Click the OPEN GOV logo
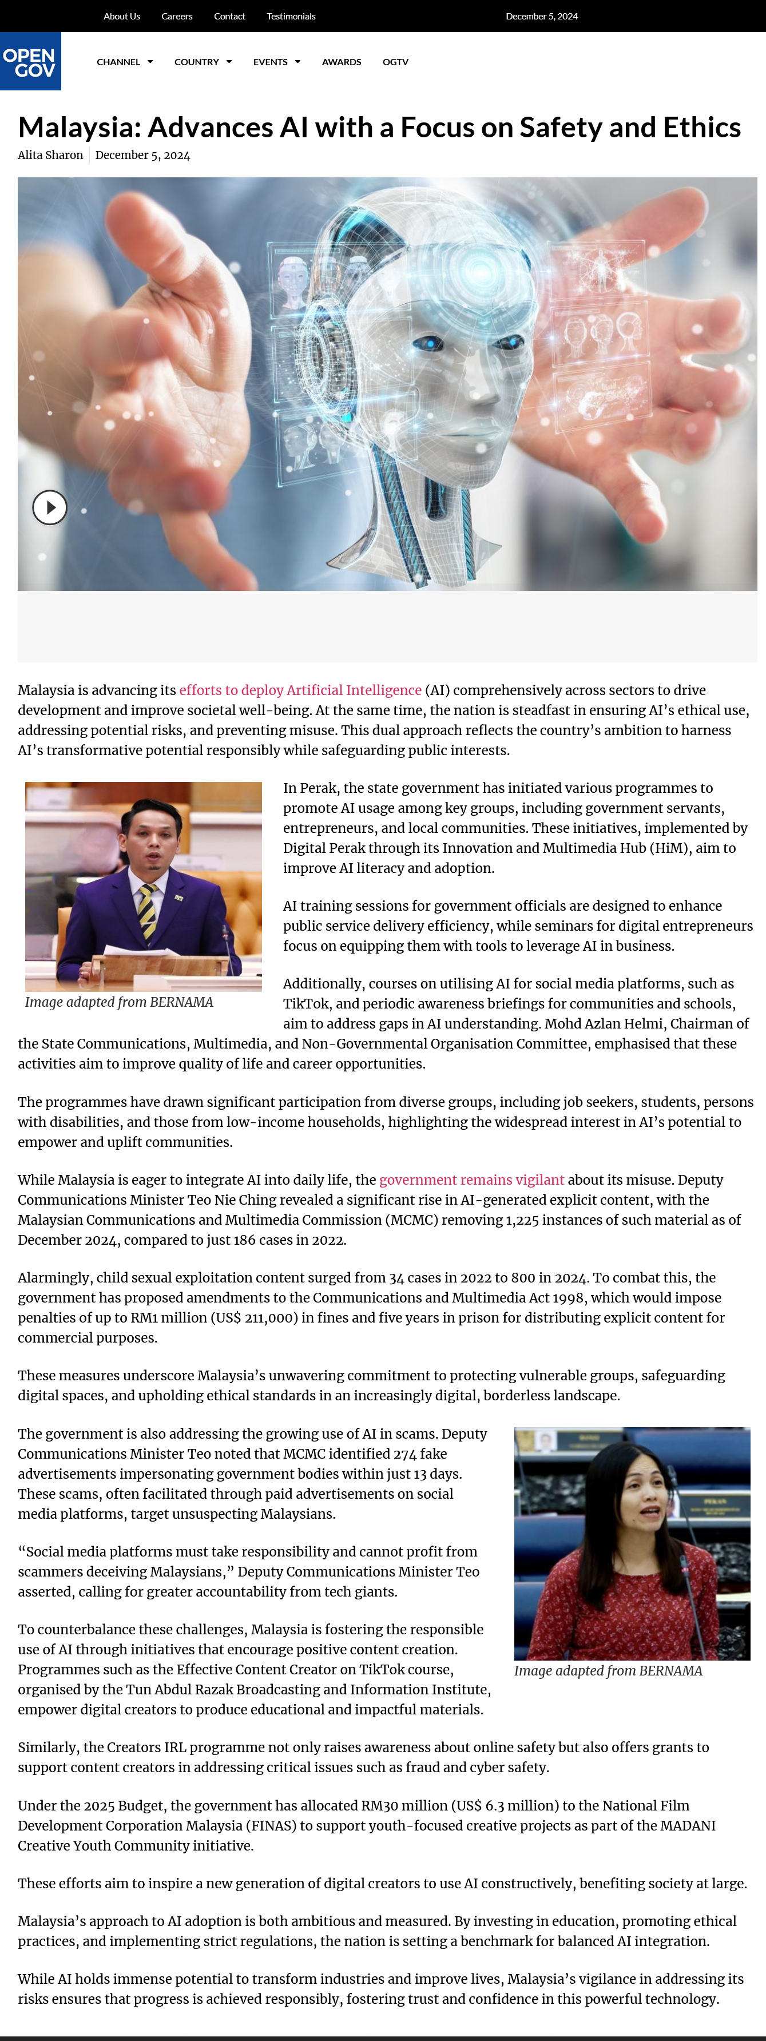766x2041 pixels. pos(30,62)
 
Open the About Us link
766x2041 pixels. pos(121,17)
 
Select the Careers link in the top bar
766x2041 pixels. pos(177,17)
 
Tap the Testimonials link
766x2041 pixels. pos(291,17)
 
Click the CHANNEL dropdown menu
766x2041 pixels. pos(124,62)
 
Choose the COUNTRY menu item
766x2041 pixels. pos(203,62)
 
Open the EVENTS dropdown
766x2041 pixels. pos(276,62)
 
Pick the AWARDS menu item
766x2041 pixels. pos(342,62)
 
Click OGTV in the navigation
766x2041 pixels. pos(395,62)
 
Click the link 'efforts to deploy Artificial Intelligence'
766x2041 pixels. pos(300,690)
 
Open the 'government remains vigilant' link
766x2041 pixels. pos(471,1180)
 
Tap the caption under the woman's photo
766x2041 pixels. pos(608,1671)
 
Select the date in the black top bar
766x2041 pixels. pos(542,17)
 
